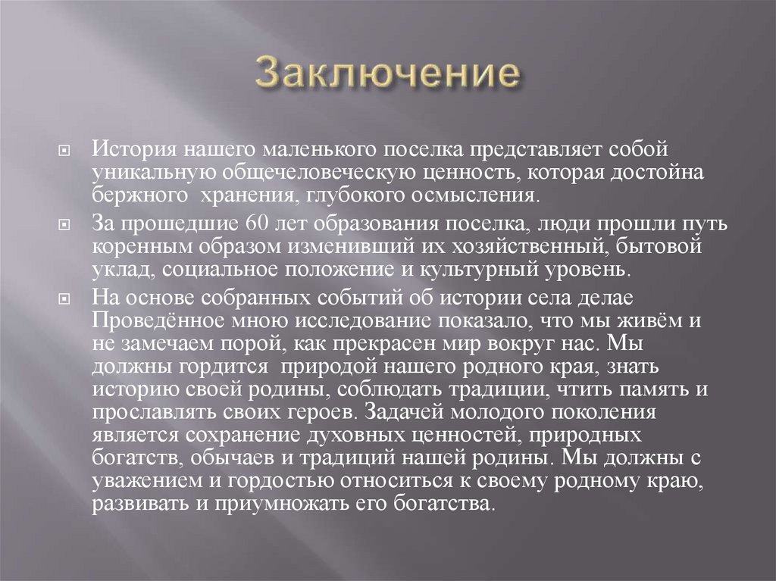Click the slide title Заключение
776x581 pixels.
pyautogui.click(x=388, y=74)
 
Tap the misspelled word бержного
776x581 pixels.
pyautogui.click(x=139, y=196)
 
